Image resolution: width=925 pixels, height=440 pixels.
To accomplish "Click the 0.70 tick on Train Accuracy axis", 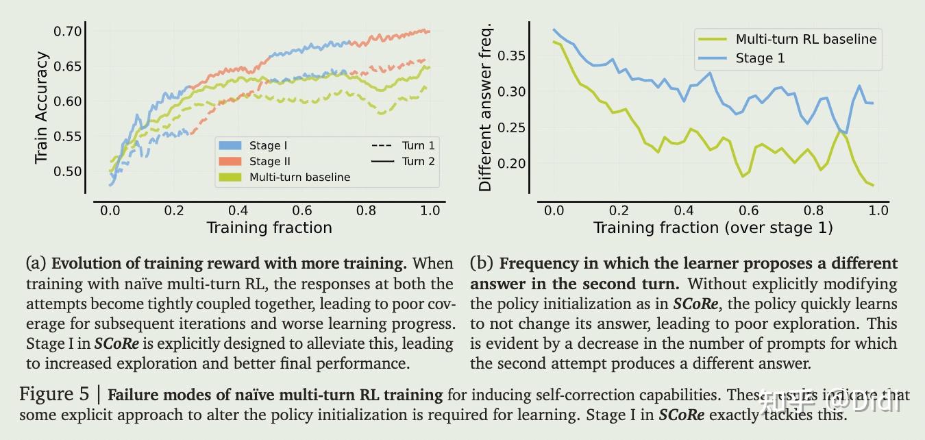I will click(68, 31).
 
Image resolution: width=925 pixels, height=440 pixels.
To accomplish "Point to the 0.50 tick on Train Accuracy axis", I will click(68, 171).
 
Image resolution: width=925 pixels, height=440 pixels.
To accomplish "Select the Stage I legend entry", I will click(264, 145).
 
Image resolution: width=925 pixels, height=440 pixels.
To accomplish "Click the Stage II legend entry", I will click(266, 161).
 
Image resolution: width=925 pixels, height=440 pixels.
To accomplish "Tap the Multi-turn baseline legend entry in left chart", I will click(299, 177).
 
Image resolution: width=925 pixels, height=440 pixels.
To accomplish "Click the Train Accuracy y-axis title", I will click(42, 108).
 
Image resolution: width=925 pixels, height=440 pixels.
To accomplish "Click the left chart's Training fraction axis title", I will click(269, 228).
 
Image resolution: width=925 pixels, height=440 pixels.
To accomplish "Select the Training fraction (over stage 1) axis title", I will click(713, 228).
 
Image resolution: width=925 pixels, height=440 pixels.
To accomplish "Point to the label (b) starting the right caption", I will click(481, 263).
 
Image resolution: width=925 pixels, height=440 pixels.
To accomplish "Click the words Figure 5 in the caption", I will click(53, 394).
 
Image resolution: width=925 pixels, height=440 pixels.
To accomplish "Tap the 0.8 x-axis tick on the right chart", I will click(813, 210).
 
